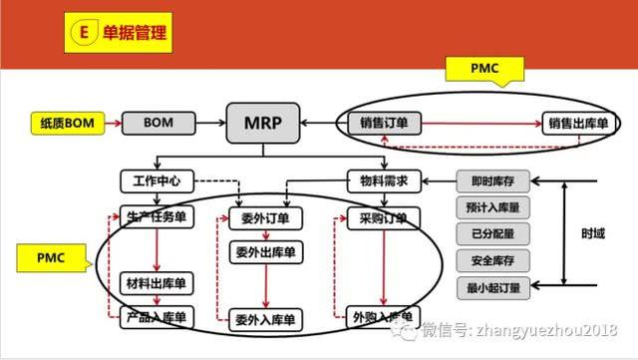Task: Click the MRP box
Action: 260,124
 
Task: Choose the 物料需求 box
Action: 385,181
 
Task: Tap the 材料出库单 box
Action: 156,283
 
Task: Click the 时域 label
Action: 593,235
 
